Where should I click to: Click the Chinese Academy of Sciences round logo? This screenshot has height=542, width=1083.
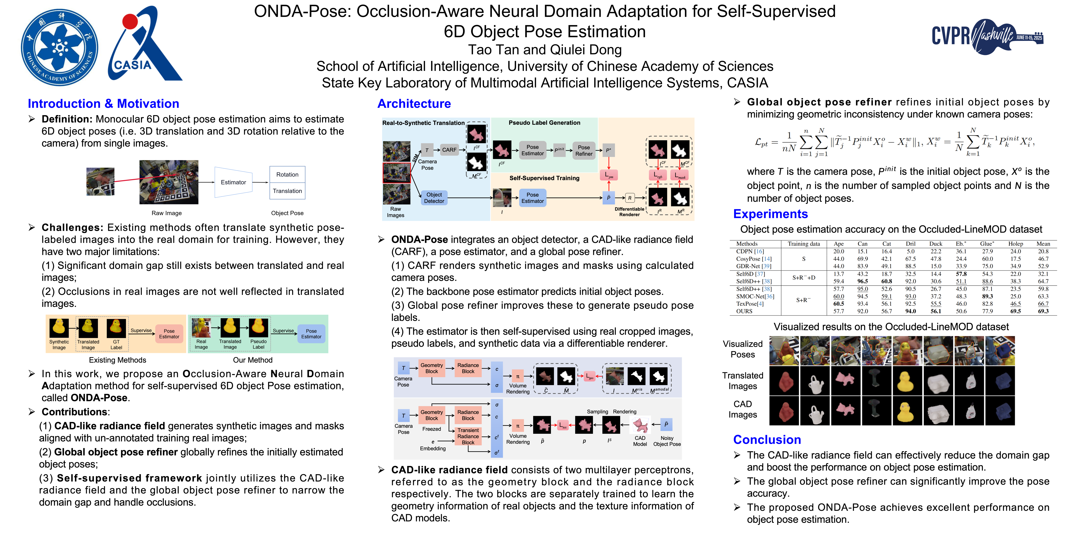point(60,47)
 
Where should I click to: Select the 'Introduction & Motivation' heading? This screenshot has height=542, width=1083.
point(103,104)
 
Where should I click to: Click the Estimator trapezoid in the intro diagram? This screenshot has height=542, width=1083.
point(233,182)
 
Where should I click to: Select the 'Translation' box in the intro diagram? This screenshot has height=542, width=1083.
point(287,191)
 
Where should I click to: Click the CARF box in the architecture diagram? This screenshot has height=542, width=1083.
point(449,150)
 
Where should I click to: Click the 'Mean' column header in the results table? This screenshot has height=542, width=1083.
point(1043,244)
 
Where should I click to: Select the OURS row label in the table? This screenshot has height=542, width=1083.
point(744,311)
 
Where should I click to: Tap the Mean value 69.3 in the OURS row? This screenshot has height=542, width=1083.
point(1043,311)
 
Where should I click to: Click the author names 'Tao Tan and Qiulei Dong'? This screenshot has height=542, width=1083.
point(545,50)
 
